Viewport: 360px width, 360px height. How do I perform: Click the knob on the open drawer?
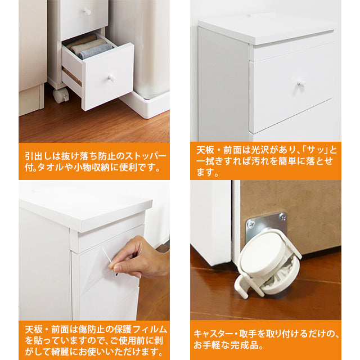111,78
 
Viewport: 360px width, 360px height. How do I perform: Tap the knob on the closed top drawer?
87,11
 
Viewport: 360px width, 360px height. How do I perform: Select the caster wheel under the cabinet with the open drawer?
61,94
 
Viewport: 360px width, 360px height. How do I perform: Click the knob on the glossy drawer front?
300,84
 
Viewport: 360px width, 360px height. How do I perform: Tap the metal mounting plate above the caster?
266,225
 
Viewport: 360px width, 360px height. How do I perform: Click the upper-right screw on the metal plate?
282,217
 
